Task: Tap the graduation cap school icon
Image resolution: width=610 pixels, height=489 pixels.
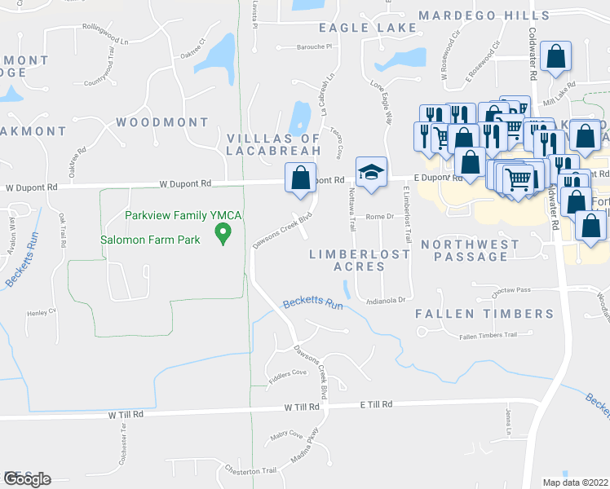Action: [370, 174]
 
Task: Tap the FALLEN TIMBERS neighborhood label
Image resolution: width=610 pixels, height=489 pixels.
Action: [484, 314]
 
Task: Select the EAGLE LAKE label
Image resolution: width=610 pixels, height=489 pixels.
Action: [368, 28]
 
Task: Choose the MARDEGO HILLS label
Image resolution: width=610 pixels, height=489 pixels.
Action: [484, 15]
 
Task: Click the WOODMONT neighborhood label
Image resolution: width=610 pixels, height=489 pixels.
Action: [162, 122]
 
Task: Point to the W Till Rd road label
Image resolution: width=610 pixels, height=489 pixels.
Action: [125, 414]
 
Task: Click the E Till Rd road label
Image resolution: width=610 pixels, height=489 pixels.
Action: [377, 404]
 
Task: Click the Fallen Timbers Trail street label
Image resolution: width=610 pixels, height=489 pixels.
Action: [488, 336]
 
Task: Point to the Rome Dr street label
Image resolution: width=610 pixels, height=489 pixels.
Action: [380, 217]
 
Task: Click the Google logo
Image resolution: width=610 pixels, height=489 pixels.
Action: [26, 479]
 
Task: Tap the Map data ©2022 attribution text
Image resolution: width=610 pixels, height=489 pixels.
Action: [574, 482]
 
